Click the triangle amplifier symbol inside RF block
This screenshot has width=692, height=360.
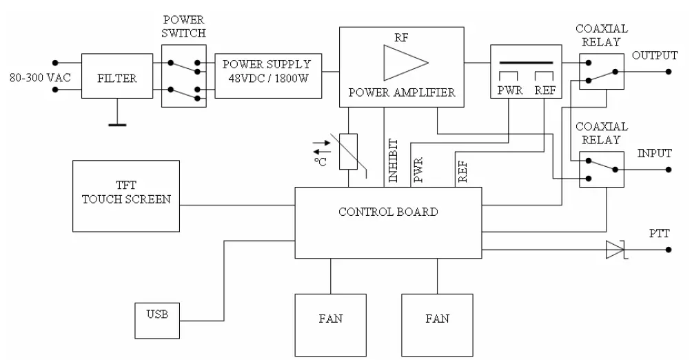[x=403, y=62]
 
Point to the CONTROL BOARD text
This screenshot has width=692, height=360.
[x=388, y=212]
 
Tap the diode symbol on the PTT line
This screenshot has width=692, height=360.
[x=615, y=250]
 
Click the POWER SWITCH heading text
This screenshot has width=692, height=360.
[x=184, y=26]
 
